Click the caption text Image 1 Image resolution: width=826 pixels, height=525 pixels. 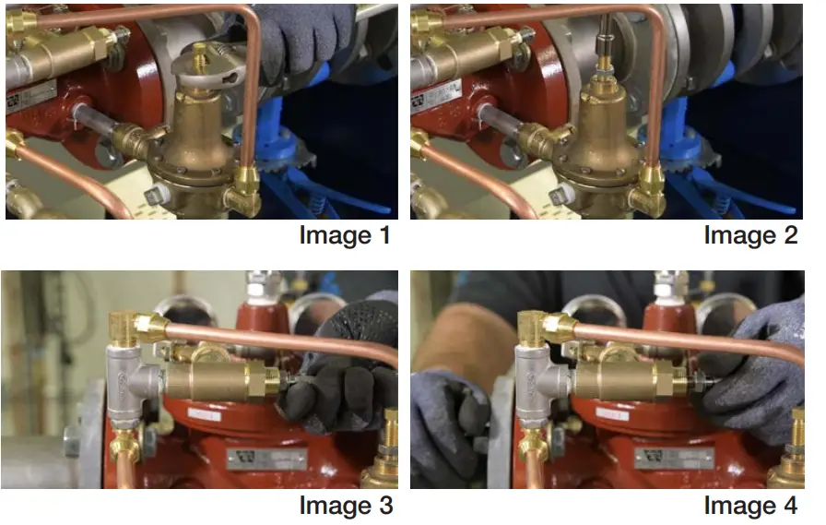point(345,235)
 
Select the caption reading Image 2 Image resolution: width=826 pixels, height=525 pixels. point(750,235)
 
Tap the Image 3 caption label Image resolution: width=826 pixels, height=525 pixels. point(346,506)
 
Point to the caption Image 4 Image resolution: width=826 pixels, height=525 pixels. point(750,506)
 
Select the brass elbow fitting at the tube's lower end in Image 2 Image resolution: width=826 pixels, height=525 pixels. point(649,194)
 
